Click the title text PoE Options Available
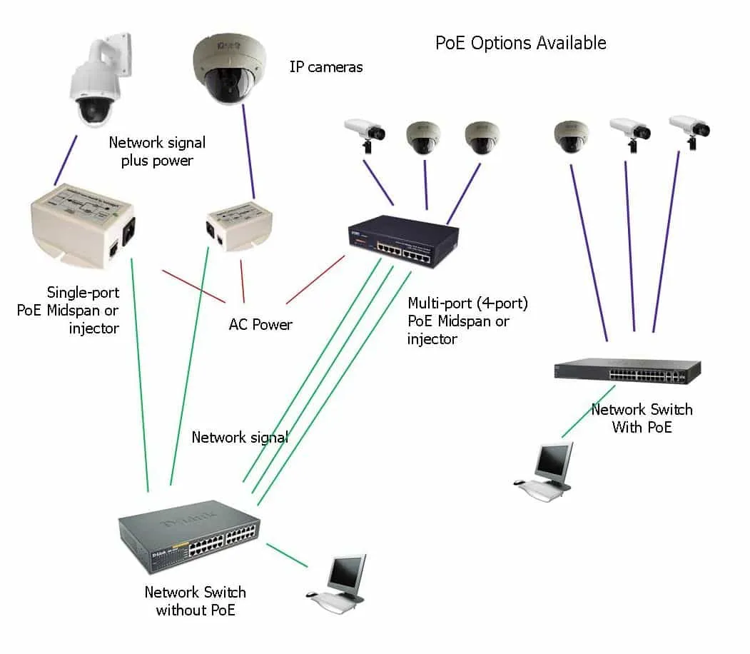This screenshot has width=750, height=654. coord(520,43)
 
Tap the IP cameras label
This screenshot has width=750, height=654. coord(325,67)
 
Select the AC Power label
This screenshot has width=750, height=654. coord(260,325)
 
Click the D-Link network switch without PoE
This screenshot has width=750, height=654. coord(189,535)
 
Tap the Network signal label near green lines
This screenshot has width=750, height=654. coord(239,438)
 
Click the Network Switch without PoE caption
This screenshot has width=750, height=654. coord(195,600)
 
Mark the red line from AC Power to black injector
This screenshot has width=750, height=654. coord(315,280)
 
